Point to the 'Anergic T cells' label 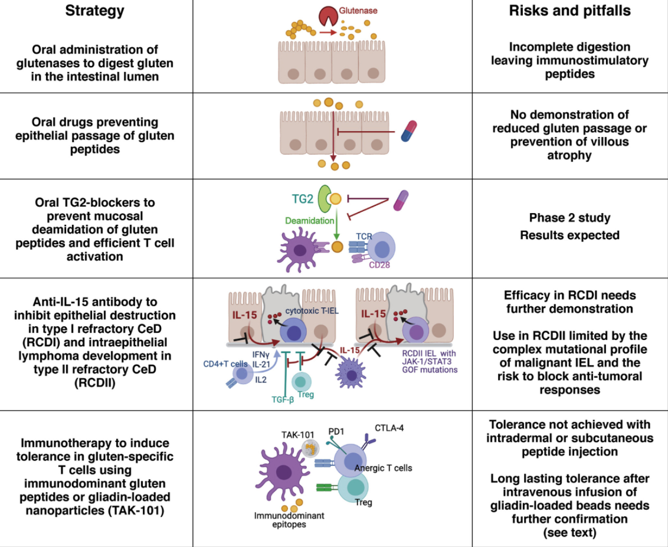(x=384, y=468)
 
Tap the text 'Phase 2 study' (x=569, y=218)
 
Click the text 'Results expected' (x=569, y=235)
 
